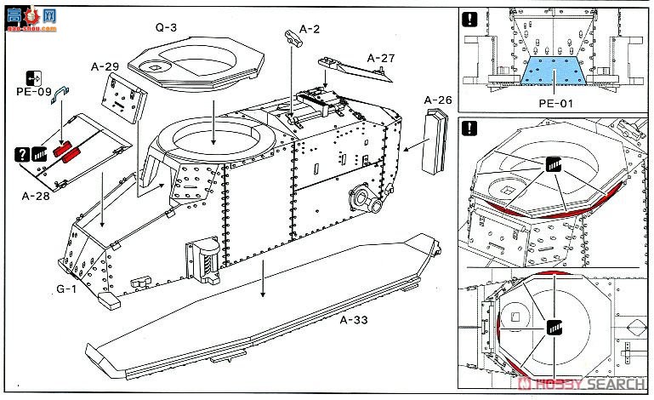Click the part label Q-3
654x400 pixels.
point(166,28)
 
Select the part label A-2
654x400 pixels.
point(311,28)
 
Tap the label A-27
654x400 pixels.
point(382,58)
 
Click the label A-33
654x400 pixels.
point(355,320)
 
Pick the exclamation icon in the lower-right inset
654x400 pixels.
point(469,129)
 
